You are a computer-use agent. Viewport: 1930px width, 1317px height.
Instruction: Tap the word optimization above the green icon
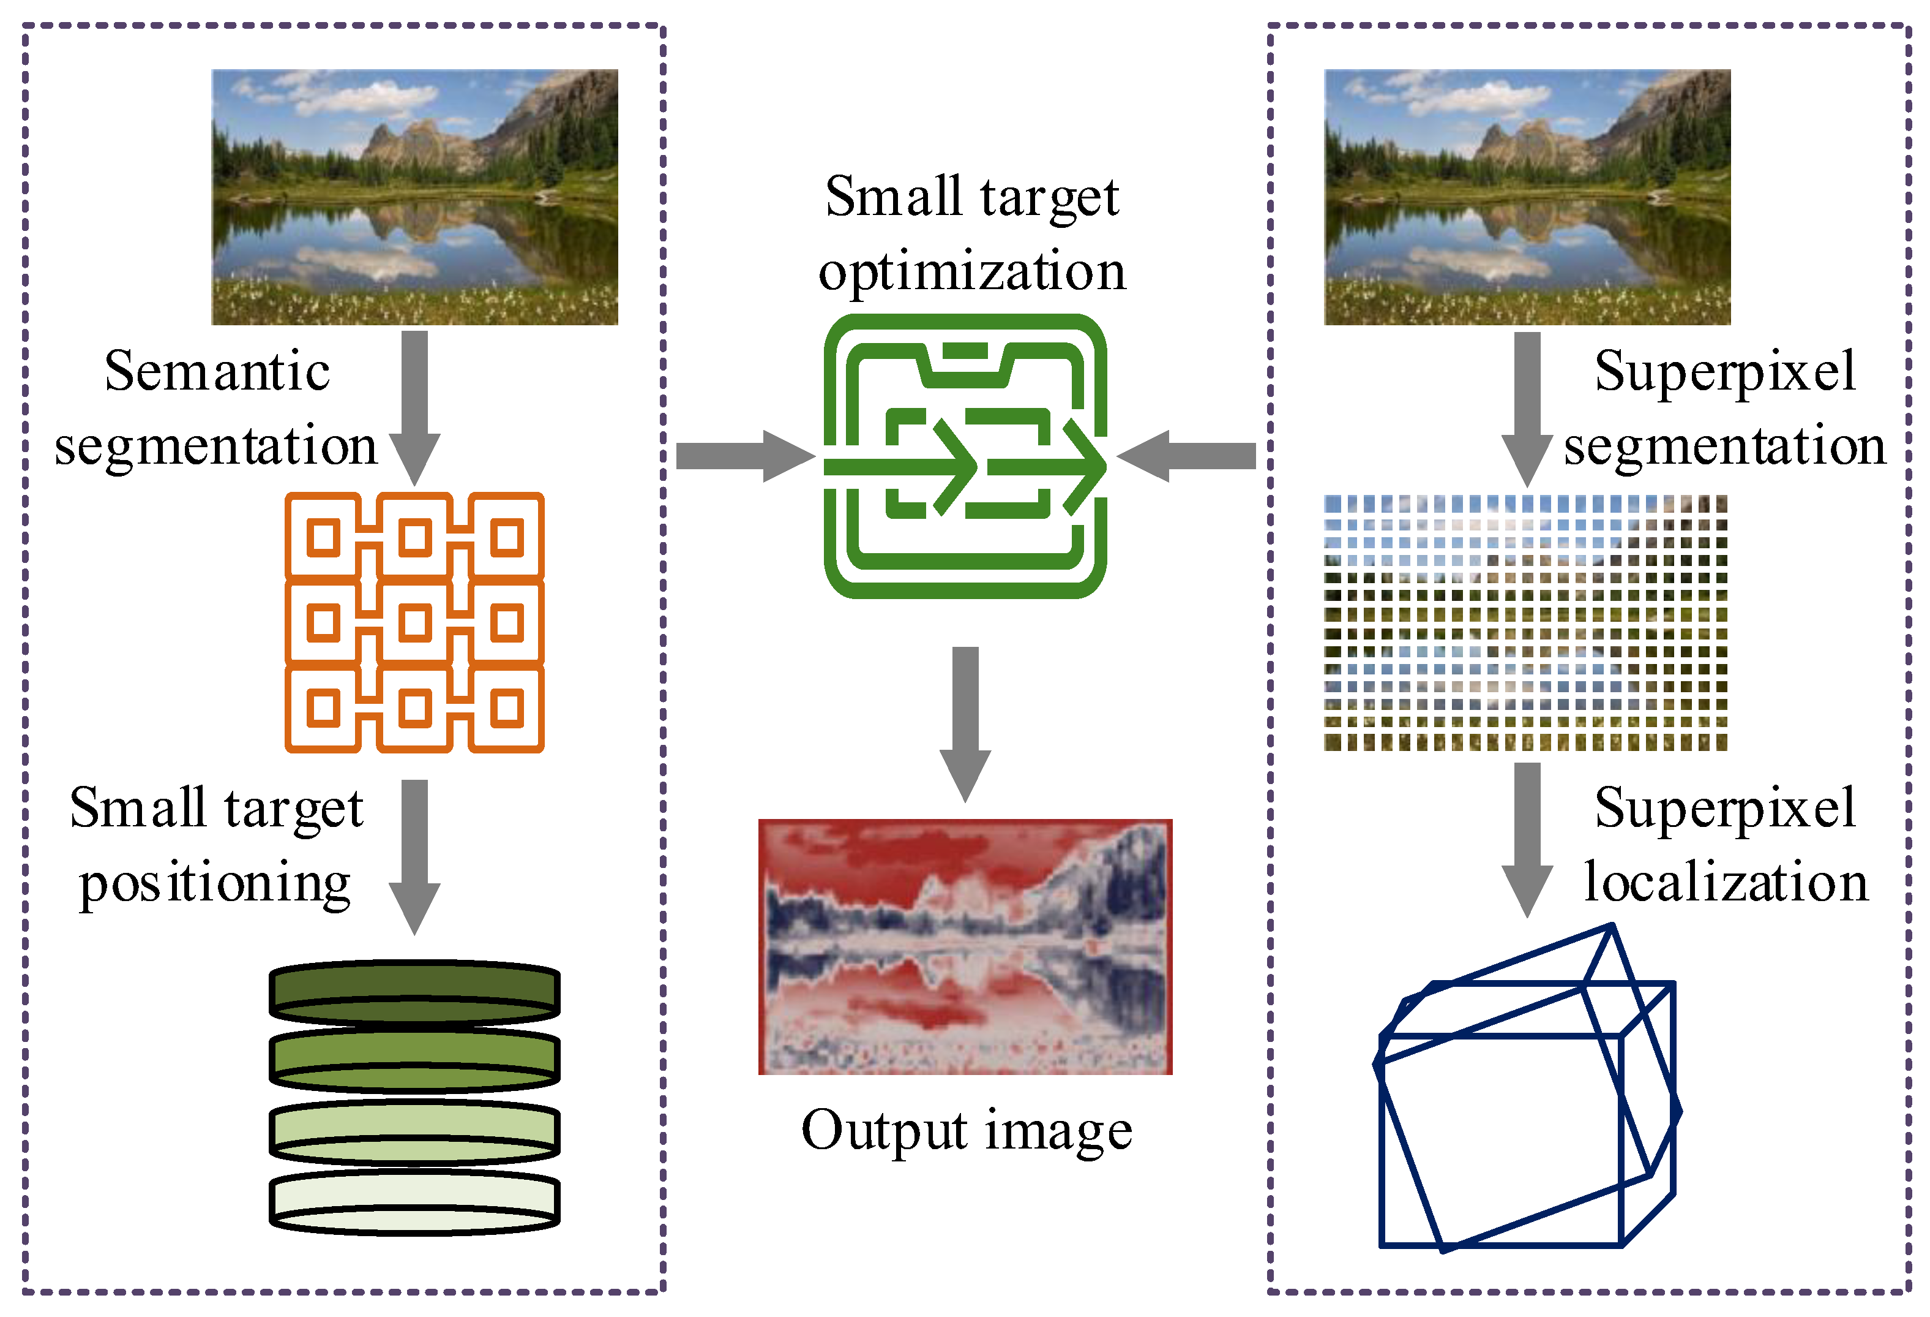coord(971,272)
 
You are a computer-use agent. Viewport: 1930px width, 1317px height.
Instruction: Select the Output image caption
coord(966,1130)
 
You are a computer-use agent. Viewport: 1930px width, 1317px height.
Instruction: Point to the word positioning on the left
coord(215,884)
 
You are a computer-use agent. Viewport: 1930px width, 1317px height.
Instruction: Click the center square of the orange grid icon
coord(414,622)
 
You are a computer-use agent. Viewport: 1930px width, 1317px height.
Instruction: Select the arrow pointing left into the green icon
coord(1188,456)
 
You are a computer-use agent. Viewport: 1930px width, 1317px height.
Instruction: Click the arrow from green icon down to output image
coord(965,723)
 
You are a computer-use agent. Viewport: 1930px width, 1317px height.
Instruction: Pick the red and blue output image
coord(965,946)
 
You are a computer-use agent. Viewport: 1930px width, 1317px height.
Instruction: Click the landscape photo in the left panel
coord(414,197)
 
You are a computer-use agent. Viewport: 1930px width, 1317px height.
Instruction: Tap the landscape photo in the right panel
coord(1527,197)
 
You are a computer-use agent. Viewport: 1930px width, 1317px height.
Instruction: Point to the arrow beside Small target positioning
coord(414,856)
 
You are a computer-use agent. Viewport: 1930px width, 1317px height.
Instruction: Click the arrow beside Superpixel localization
coord(1527,839)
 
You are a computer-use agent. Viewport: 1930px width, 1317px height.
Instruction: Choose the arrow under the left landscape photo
coord(414,407)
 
